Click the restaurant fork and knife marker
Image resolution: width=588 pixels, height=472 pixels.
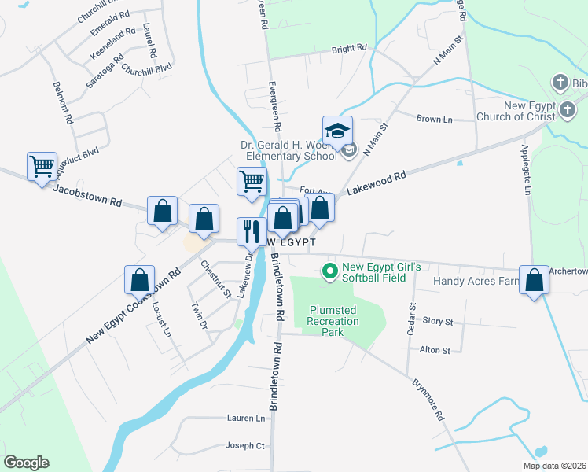click(x=250, y=230)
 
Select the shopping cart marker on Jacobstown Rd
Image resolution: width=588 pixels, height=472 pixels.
click(x=42, y=166)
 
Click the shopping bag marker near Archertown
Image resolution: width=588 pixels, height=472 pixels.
click(x=535, y=280)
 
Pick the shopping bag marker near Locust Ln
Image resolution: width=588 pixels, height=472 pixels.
click(x=139, y=279)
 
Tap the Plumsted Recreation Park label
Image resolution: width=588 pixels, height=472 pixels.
click(x=333, y=321)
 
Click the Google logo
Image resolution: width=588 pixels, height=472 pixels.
click(x=26, y=462)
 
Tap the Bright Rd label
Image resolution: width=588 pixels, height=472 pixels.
click(x=349, y=49)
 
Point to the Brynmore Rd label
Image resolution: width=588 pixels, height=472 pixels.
click(x=429, y=400)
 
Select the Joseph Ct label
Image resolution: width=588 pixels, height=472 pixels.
click(x=244, y=445)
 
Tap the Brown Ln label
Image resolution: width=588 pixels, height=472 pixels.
click(x=435, y=119)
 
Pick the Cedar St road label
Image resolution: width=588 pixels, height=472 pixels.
click(x=410, y=319)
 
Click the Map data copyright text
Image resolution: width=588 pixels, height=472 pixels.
click(x=554, y=465)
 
